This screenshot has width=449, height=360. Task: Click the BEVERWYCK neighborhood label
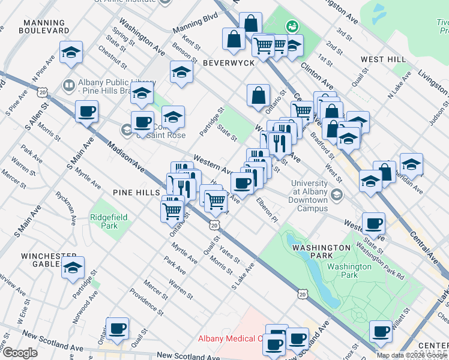pyautogui.click(x=229, y=62)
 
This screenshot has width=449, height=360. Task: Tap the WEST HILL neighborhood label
pyautogui.click(x=383, y=60)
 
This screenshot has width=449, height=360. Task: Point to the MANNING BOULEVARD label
pyautogui.click(x=44, y=26)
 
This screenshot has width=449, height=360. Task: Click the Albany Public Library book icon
pyautogui.click(x=69, y=86)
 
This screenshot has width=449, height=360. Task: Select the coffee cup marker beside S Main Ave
pyautogui.click(x=86, y=111)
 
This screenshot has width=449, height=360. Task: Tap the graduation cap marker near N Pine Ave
pyautogui.click(x=71, y=52)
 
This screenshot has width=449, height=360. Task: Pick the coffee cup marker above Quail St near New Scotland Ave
pyautogui.click(x=118, y=328)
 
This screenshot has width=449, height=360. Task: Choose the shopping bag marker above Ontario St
pyautogui.click(x=258, y=95)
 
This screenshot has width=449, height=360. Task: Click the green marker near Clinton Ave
pyautogui.click(x=292, y=26)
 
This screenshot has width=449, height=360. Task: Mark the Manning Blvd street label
pyautogui.click(x=194, y=25)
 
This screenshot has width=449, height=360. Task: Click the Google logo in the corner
pyautogui.click(x=20, y=353)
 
